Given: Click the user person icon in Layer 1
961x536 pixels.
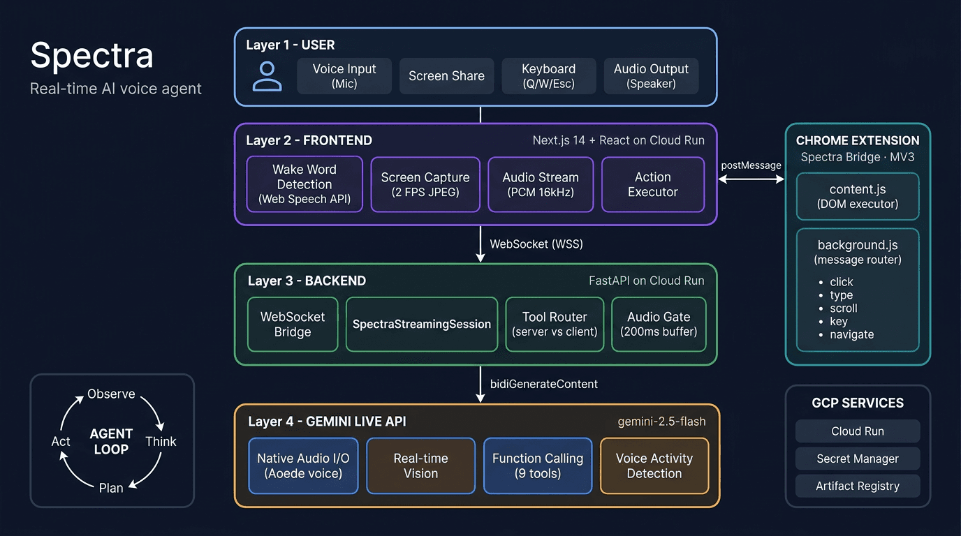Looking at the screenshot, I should (267, 76).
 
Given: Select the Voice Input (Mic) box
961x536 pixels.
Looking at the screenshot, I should (344, 76).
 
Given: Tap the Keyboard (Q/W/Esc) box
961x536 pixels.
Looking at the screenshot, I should (549, 76).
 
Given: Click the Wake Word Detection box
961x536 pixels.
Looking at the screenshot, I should (305, 184).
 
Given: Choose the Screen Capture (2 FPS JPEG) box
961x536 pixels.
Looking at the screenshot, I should (425, 184).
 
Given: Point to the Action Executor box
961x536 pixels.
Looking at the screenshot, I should (653, 184).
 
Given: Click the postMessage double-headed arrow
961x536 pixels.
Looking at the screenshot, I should (751, 179).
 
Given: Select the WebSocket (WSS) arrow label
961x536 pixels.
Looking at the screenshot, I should (536, 244).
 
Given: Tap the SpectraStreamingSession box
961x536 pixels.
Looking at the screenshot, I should (422, 324).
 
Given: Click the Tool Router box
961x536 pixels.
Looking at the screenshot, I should (555, 324).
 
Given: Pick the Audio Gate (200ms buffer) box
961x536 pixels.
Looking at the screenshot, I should (659, 324).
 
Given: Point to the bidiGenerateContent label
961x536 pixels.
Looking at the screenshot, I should (544, 384).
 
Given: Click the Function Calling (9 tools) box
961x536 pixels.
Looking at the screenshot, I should (538, 466).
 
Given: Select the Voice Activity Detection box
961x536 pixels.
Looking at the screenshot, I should (654, 466).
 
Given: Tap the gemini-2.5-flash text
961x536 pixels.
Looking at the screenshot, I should (661, 422).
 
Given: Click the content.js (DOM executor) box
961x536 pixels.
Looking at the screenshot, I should (858, 197).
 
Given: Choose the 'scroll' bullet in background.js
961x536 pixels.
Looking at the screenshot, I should (844, 308).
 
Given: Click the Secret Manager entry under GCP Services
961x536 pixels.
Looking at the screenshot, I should (858, 459).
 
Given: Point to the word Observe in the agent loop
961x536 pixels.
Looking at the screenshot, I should (111, 394).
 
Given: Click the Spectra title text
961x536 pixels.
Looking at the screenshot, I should (91, 55).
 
